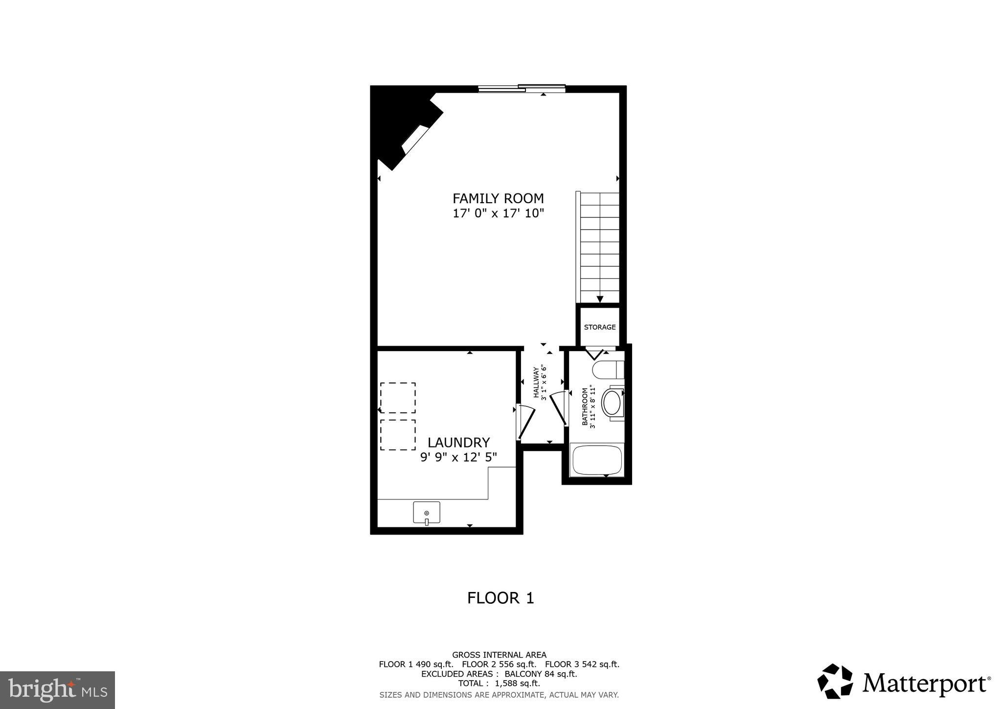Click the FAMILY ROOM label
(x=498, y=198)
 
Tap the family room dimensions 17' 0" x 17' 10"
(x=498, y=213)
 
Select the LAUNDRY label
(x=458, y=443)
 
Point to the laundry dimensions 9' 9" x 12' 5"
(x=458, y=457)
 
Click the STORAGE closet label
(x=599, y=327)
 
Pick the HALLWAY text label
(x=536, y=382)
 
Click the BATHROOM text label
(x=585, y=406)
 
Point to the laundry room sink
(x=427, y=512)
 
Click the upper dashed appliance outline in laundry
(x=398, y=398)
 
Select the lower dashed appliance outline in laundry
(x=398, y=435)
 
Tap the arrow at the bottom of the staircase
(x=600, y=299)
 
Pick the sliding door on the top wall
(x=522, y=89)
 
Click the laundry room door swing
(x=525, y=421)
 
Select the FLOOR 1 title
(x=501, y=598)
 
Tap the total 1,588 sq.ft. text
(x=499, y=683)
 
